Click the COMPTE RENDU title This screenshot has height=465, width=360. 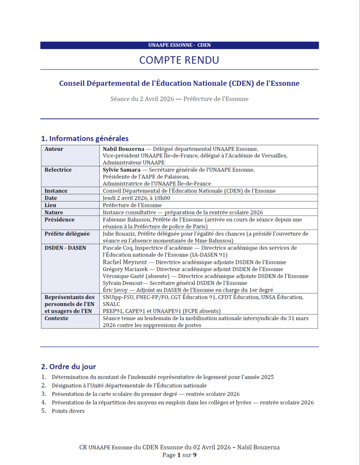(179, 60)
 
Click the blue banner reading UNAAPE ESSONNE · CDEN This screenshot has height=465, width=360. (179, 45)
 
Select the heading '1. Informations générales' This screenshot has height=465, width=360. (85, 139)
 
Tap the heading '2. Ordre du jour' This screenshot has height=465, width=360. (69, 366)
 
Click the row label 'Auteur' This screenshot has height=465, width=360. (54, 149)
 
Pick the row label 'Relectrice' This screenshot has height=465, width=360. (58, 170)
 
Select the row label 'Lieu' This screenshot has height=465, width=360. (50, 205)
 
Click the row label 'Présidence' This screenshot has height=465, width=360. (59, 219)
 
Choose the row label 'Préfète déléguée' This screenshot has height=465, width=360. (67, 233)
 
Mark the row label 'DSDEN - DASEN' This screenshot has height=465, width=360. (65, 247)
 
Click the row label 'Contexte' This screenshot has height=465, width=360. (57, 318)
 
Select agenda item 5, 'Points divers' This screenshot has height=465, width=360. (68, 411)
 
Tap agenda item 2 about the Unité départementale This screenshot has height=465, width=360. (129, 385)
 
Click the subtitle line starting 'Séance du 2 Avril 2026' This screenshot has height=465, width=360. (179, 99)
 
